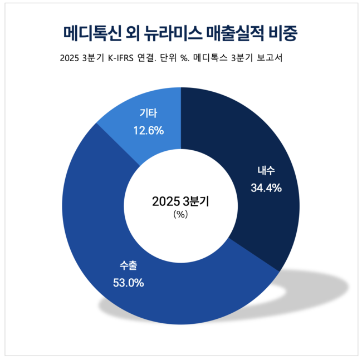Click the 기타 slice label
pos(148,114)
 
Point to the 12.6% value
pos(148,131)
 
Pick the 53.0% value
pos(128,283)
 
